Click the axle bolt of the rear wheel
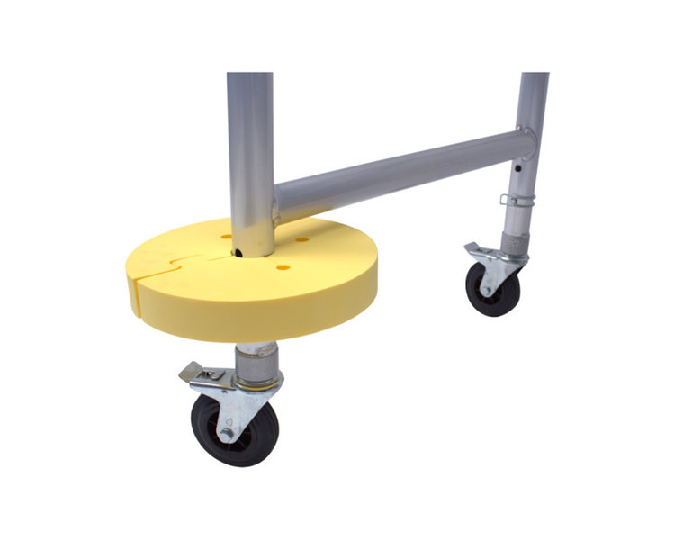pyautogui.click(x=489, y=287)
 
